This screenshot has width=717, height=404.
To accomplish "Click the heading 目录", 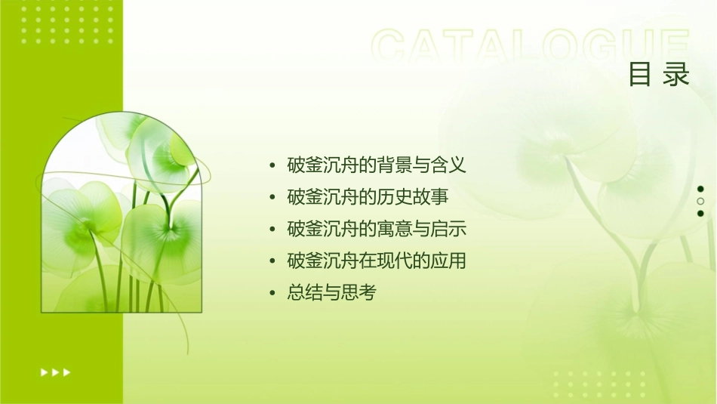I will point(659,75).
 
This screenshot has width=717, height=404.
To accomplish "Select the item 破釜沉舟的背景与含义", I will point(377,164).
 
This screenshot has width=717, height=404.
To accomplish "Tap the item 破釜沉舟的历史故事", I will point(368,196).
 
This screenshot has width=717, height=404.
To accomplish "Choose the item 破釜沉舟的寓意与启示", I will point(377,229).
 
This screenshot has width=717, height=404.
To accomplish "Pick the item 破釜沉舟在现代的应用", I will point(377,261).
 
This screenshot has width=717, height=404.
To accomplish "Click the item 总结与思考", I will point(331,293).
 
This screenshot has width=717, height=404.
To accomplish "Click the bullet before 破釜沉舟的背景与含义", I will point(272,165).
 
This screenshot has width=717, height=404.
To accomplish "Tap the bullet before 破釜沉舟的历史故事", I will point(272,197).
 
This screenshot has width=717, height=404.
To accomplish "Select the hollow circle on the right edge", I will point(700,201).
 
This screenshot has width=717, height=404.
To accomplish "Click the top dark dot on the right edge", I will point(700,189).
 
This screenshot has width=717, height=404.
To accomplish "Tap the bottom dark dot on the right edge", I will point(700,214).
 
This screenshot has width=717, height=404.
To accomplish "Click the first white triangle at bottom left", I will point(44,372).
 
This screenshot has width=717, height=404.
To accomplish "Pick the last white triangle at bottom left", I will point(67,372).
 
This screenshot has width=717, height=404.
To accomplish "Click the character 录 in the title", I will point(676,75).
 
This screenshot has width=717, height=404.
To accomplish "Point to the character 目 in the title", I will point(641,75).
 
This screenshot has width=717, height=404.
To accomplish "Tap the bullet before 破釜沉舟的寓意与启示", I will point(272,230).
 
